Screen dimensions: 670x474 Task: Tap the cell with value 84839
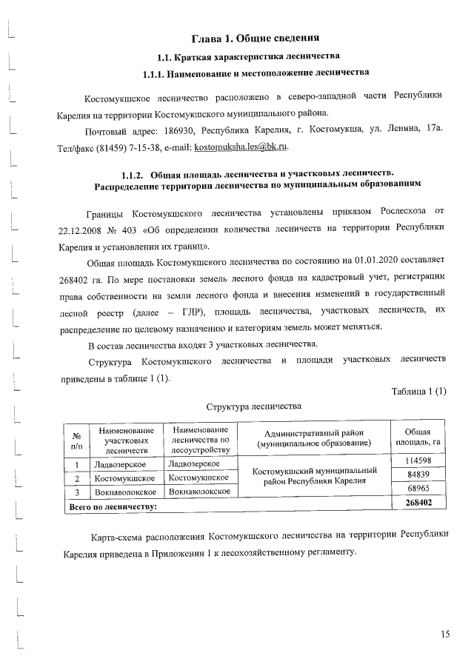[x=418, y=475]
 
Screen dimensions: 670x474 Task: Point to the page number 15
[x=444, y=633]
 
